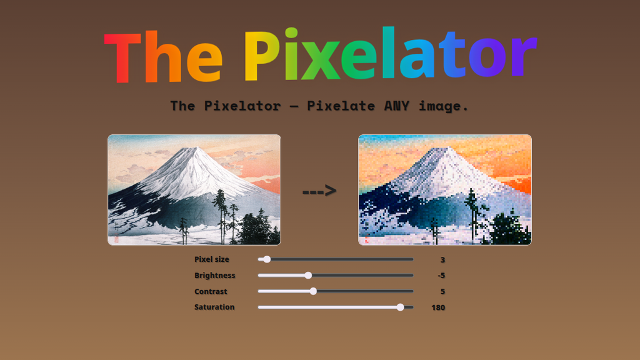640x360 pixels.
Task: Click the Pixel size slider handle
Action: (267, 259)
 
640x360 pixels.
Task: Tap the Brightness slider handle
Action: (309, 276)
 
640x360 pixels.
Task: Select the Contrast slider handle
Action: (313, 291)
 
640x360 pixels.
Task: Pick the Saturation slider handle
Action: (401, 307)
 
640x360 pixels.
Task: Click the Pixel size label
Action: (212, 259)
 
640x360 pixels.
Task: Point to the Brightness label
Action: (215, 276)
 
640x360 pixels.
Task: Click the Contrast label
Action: (211, 291)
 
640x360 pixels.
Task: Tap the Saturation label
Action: (214, 307)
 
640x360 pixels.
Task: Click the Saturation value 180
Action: (438, 307)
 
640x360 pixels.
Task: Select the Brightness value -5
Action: (441, 276)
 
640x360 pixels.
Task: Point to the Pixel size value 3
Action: (443, 259)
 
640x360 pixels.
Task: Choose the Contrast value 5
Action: (443, 291)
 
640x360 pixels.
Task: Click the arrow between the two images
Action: (319, 191)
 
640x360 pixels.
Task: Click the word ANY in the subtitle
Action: (396, 106)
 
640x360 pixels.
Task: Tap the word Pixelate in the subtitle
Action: (341, 106)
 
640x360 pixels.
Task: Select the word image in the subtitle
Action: (441, 106)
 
